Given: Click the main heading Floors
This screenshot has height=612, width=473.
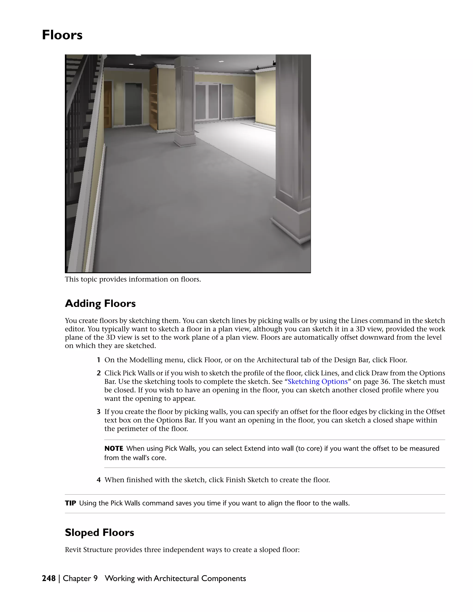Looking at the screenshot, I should (62, 35).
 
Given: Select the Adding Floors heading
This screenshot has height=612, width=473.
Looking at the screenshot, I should (100, 303).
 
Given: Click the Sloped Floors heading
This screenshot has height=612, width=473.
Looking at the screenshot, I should (100, 532).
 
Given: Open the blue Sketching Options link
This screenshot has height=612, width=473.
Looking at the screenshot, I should (318, 382).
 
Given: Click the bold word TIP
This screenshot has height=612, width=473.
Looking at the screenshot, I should (70, 503).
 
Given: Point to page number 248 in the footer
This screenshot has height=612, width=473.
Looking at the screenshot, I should (49, 578).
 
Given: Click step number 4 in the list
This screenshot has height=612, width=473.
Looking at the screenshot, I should (99, 480).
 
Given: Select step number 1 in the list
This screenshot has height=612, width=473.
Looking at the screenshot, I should (99, 360).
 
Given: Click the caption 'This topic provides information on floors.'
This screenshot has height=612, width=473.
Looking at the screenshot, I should (133, 279).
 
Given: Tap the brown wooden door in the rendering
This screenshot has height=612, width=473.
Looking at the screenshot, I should (108, 104).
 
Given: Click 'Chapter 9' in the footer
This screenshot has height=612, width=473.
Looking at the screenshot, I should (80, 578).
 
